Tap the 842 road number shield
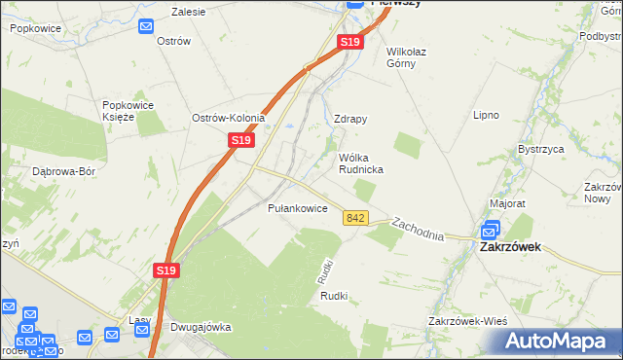coord(355,220)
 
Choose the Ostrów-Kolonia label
coord(229,118)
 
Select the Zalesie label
coord(190,13)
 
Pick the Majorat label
coord(507,204)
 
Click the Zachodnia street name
coord(419,230)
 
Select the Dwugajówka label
coord(201,327)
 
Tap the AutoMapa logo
coord(559,342)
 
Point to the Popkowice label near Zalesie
coord(37,29)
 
